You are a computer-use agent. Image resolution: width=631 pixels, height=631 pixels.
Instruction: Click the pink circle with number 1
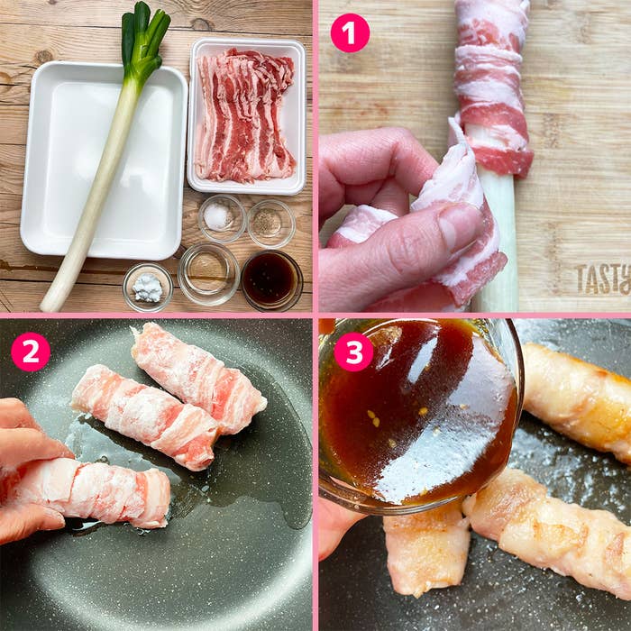(350, 33)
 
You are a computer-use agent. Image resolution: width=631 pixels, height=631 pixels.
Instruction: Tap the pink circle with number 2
(30, 352)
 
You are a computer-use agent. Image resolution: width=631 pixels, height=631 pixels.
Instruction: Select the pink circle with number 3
(353, 352)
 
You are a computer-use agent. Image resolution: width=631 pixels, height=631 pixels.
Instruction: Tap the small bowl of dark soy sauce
(270, 279)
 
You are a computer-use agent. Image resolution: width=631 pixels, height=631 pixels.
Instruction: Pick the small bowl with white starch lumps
(147, 288)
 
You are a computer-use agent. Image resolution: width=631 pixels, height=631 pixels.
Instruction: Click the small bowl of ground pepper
(270, 222)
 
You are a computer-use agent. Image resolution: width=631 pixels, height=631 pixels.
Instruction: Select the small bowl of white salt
(220, 217)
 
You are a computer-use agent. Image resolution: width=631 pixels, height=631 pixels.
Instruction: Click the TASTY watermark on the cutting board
(602, 279)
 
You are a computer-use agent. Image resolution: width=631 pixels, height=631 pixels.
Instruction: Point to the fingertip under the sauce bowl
(338, 527)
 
